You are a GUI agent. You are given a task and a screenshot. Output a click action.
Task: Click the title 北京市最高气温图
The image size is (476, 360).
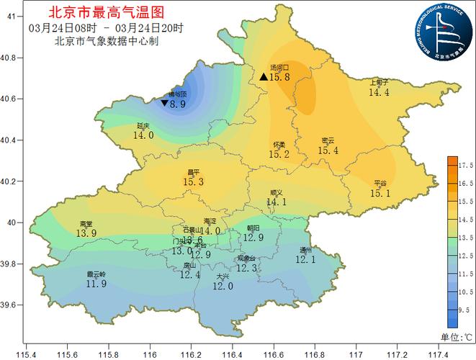click(106, 12)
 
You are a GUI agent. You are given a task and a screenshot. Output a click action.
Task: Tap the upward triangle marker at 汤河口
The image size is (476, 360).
click(264, 76)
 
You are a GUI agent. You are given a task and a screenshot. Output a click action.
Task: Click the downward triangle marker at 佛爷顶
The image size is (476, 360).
click(165, 104)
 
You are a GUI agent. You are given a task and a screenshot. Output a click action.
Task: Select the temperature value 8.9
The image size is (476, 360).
click(178, 104)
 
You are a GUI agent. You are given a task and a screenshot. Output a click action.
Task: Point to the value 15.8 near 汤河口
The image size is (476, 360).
click(279, 77)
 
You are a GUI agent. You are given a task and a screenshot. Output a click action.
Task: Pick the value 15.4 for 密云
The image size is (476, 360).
click(328, 150)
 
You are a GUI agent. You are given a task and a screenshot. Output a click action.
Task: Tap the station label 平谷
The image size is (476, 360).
click(380, 183)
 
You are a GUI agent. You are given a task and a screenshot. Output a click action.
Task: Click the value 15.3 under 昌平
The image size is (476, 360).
click(193, 183)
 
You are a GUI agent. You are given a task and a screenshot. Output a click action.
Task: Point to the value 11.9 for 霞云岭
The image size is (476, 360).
click(96, 284)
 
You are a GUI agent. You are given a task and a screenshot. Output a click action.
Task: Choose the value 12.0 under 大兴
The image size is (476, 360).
click(223, 286)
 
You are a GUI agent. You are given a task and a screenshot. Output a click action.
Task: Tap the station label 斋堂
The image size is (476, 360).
click(86, 224)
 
